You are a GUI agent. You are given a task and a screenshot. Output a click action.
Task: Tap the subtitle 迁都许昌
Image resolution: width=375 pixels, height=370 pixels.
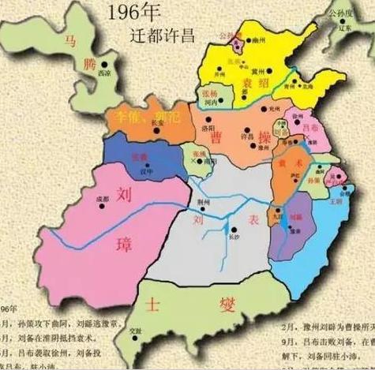click(163, 36)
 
